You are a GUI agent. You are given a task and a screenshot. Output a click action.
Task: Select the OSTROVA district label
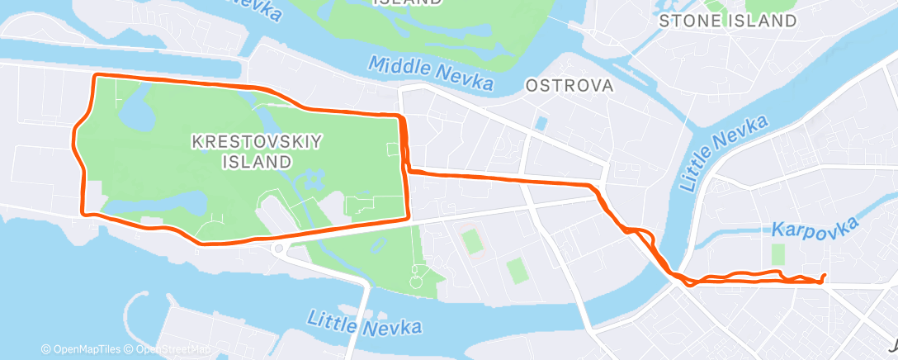click(x=570, y=86)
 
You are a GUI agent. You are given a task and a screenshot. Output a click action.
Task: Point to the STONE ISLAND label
click(x=728, y=21)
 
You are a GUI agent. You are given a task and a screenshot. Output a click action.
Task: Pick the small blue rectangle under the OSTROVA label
click(x=541, y=123)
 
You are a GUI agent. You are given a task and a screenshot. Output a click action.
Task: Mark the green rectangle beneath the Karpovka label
click(x=777, y=253)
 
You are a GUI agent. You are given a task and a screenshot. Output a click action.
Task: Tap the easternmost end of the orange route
click(x=825, y=276)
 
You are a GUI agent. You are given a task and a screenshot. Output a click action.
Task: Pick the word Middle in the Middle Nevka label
click(x=395, y=66)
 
